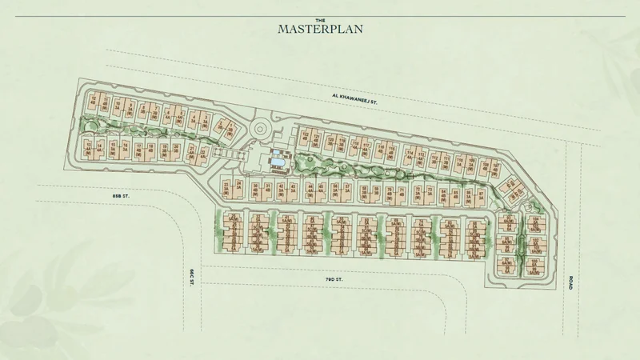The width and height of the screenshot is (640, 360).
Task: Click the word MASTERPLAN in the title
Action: click(320, 29)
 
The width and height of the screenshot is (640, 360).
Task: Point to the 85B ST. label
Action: click(121, 195)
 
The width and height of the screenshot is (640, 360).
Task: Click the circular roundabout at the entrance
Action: click(261, 130)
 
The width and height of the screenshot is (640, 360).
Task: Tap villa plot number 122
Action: click(305, 137)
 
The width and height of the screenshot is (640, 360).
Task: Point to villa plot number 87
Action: click(481, 193)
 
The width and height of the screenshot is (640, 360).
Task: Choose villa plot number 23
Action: click(227, 188)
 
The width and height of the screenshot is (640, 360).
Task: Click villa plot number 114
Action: click(410, 154)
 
